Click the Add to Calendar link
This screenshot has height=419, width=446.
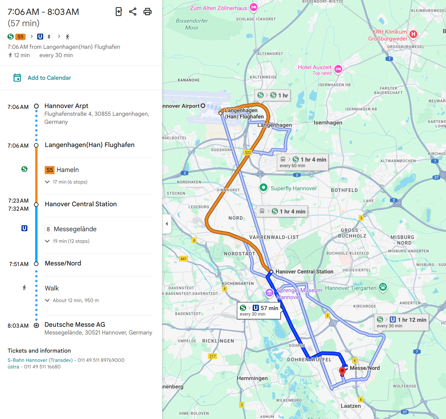(x=49, y=78)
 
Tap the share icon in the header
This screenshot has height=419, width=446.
(x=133, y=12)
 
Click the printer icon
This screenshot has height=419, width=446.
(x=147, y=12)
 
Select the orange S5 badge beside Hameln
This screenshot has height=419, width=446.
(x=49, y=170)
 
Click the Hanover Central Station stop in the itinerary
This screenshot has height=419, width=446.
(x=81, y=204)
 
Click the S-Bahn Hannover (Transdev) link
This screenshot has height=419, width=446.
(x=40, y=360)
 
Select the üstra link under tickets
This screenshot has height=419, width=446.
(x=13, y=367)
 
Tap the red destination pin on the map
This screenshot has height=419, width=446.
(x=342, y=371)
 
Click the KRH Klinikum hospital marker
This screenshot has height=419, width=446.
(x=413, y=34)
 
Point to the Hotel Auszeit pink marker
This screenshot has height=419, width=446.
(x=338, y=69)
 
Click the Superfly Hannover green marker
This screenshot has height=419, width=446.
(x=263, y=187)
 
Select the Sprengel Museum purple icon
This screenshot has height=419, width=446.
(x=269, y=293)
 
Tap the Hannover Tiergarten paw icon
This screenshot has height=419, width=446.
(x=383, y=287)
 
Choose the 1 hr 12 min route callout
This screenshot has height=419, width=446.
(x=401, y=322)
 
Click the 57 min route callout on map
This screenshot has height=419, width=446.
(x=259, y=310)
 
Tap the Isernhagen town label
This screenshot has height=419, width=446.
(x=328, y=123)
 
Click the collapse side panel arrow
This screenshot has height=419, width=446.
(x=167, y=224)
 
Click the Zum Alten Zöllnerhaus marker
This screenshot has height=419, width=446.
(x=254, y=7)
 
